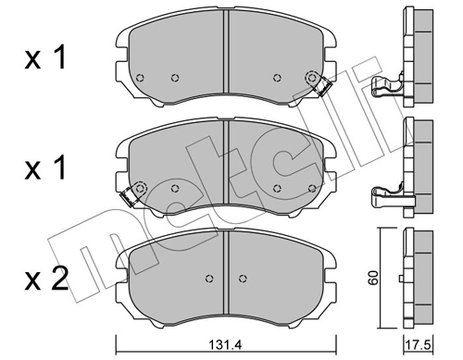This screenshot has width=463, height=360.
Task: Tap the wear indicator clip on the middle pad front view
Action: (x=131, y=193)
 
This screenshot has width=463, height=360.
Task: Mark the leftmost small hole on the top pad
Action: (x=139, y=78)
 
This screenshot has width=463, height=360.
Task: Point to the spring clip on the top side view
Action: (x=386, y=89)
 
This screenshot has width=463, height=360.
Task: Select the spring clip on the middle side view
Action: (x=386, y=194)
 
